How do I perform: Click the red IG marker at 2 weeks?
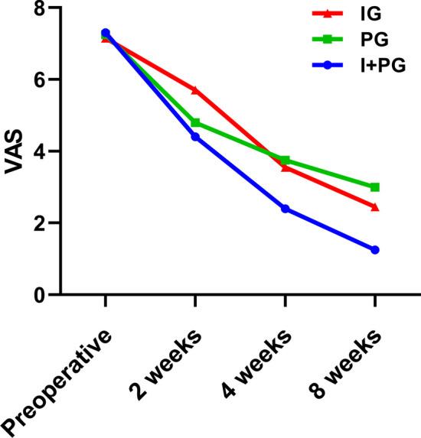click(195, 90)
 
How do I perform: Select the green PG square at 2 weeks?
click(195, 122)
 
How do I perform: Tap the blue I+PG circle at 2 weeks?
click(195, 137)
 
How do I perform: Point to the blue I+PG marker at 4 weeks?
click(285, 209)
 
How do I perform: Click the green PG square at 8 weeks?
click(375, 187)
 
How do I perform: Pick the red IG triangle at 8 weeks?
click(375, 207)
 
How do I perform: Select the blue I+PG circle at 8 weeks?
click(375, 250)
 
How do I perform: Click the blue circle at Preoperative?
click(106, 33)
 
